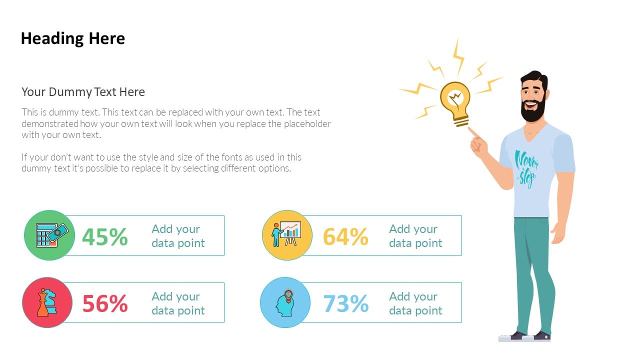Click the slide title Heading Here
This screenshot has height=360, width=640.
(x=73, y=39)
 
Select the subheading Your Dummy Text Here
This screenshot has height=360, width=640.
(x=83, y=92)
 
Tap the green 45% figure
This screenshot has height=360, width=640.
(x=105, y=236)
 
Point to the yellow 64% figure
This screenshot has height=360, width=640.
(x=345, y=236)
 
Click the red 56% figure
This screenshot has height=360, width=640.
(x=105, y=303)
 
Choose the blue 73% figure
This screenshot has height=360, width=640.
(x=345, y=303)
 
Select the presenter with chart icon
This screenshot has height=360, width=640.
(x=286, y=233)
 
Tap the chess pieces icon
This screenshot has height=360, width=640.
(x=47, y=302)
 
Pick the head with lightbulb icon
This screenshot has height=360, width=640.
(x=285, y=303)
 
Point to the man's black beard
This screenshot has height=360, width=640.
(x=533, y=110)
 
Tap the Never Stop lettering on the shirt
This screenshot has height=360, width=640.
(x=526, y=169)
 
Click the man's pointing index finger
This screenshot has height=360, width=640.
(x=474, y=133)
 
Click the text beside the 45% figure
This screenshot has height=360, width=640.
(x=178, y=236)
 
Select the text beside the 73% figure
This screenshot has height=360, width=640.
(x=415, y=303)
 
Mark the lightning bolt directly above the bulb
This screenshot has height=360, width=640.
(x=459, y=57)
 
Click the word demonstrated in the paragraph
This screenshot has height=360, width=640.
(x=50, y=123)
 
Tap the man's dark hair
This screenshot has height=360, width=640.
(x=535, y=79)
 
